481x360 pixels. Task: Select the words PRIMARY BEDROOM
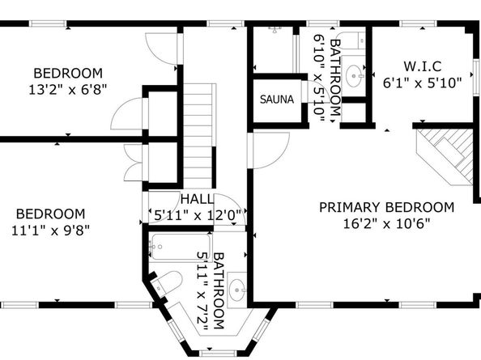coord(386,207)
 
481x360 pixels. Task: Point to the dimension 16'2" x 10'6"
coord(386,223)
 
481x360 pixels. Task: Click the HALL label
coord(197,200)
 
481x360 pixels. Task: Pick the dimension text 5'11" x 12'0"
coord(198,216)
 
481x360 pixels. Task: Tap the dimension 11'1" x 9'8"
coord(50,229)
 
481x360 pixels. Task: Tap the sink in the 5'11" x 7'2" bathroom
coord(237,287)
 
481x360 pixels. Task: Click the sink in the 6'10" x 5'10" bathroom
coord(355,76)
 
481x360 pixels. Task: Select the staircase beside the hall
coord(198,138)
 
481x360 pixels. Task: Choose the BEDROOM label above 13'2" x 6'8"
coord(68,71)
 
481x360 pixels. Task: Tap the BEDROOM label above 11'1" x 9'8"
coord(50,214)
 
